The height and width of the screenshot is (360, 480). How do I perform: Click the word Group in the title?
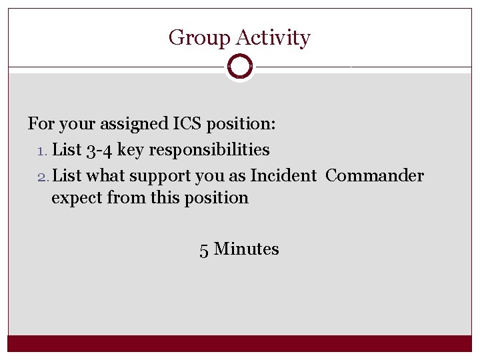click(193, 38)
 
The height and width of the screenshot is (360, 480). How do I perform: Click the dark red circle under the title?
click(239, 67)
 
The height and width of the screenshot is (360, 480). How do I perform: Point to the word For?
click(41, 123)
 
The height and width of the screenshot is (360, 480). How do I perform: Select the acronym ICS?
click(191, 123)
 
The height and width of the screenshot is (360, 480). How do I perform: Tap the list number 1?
click(41, 150)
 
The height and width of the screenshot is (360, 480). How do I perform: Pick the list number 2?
click(41, 176)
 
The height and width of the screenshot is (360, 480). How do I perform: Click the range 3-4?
click(99, 150)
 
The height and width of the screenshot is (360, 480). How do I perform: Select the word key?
click(131, 150)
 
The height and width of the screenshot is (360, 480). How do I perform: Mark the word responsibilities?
click(209, 150)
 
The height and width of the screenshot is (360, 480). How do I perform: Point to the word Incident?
click(283, 176)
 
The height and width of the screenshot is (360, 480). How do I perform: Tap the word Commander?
click(375, 176)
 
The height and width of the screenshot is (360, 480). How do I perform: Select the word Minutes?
click(247, 249)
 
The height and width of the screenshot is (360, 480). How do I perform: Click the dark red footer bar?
click(240, 343)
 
